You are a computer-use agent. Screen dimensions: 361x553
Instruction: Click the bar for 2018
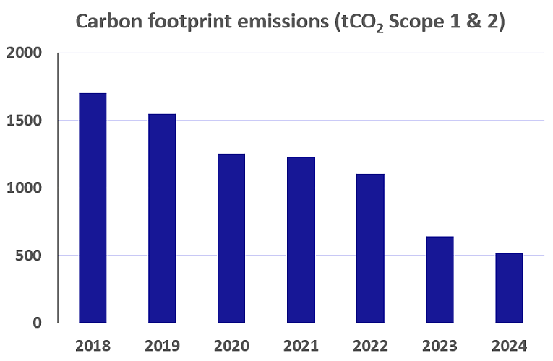click(x=93, y=208)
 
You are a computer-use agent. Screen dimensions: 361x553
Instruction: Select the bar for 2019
click(x=162, y=218)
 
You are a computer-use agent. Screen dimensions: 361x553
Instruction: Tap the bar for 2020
click(x=231, y=238)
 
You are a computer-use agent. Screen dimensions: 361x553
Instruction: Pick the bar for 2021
click(x=301, y=240)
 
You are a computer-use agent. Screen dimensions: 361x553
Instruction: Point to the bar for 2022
click(x=370, y=248)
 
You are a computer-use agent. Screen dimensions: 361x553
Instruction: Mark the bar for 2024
click(x=509, y=288)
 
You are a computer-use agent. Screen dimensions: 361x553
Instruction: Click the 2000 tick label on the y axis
click(x=25, y=53)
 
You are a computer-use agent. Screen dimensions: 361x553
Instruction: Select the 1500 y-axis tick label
click(x=25, y=121)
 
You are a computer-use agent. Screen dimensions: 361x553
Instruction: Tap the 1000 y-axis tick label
click(x=25, y=188)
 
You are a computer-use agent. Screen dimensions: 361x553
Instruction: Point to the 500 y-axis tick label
click(x=29, y=256)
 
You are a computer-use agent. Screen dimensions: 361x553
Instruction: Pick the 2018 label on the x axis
click(x=93, y=345)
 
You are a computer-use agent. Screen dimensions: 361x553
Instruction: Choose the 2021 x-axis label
click(x=301, y=345)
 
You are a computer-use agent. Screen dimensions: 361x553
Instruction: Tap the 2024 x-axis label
click(x=509, y=345)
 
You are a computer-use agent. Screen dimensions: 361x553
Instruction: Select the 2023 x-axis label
click(x=440, y=345)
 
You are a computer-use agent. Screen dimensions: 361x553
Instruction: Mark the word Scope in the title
click(x=423, y=22)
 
